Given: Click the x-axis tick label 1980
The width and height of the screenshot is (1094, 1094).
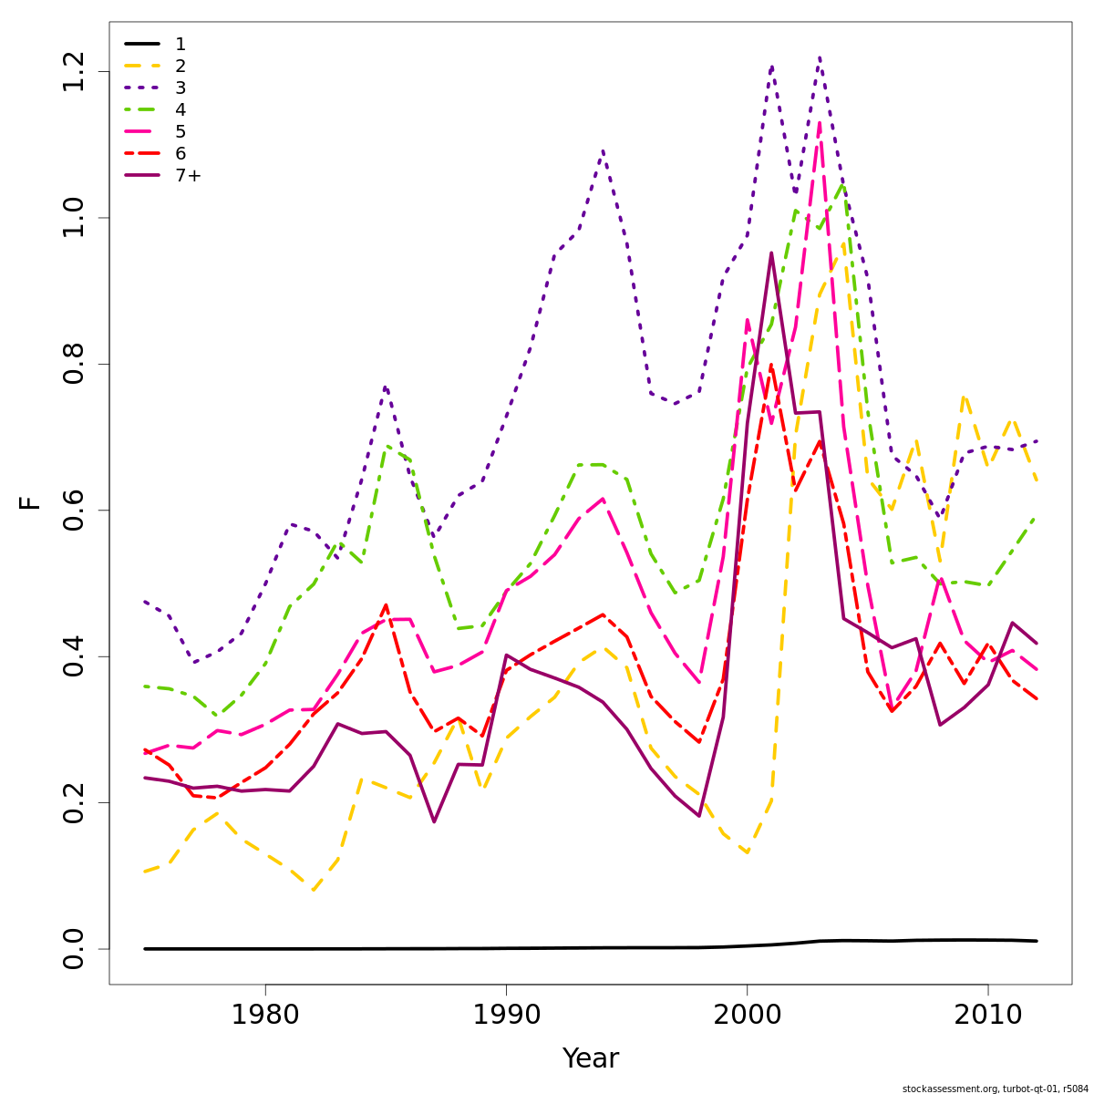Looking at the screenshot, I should tap(264, 1016).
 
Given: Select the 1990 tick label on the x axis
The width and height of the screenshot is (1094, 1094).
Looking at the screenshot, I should tap(506, 1016).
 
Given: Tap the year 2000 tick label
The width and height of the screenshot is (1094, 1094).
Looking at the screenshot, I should tap(747, 1016).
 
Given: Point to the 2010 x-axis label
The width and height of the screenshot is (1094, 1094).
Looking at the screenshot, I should tap(987, 1016).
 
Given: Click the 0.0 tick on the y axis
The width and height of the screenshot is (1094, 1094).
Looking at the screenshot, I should tap(75, 948).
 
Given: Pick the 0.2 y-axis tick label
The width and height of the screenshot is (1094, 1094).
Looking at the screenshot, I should tap(75, 802).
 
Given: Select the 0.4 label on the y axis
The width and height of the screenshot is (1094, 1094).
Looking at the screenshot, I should tap(75, 656).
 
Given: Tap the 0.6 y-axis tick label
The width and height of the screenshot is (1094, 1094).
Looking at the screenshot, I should tap(75, 511).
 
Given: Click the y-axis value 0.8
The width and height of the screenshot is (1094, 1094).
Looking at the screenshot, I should tap(75, 364).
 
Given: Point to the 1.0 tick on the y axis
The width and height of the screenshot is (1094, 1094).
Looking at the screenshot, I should tap(75, 218).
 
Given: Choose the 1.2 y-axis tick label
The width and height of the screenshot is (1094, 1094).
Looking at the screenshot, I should tap(75, 72).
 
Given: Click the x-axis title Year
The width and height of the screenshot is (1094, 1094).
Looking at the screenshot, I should tap(590, 1059).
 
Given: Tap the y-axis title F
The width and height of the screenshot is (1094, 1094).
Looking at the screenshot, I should tap(31, 502).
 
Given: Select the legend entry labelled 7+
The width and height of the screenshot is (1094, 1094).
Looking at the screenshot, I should tap(188, 176).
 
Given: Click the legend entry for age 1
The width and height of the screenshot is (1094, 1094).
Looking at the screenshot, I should tap(181, 44).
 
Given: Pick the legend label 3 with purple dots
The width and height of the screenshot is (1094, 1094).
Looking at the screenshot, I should tap(181, 88).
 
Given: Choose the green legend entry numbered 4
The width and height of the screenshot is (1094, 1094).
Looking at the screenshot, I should tap(181, 109).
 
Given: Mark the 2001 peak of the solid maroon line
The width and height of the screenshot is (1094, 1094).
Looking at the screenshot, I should tap(771, 253).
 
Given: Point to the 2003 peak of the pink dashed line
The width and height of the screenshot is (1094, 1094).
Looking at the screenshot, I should tap(820, 122).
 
